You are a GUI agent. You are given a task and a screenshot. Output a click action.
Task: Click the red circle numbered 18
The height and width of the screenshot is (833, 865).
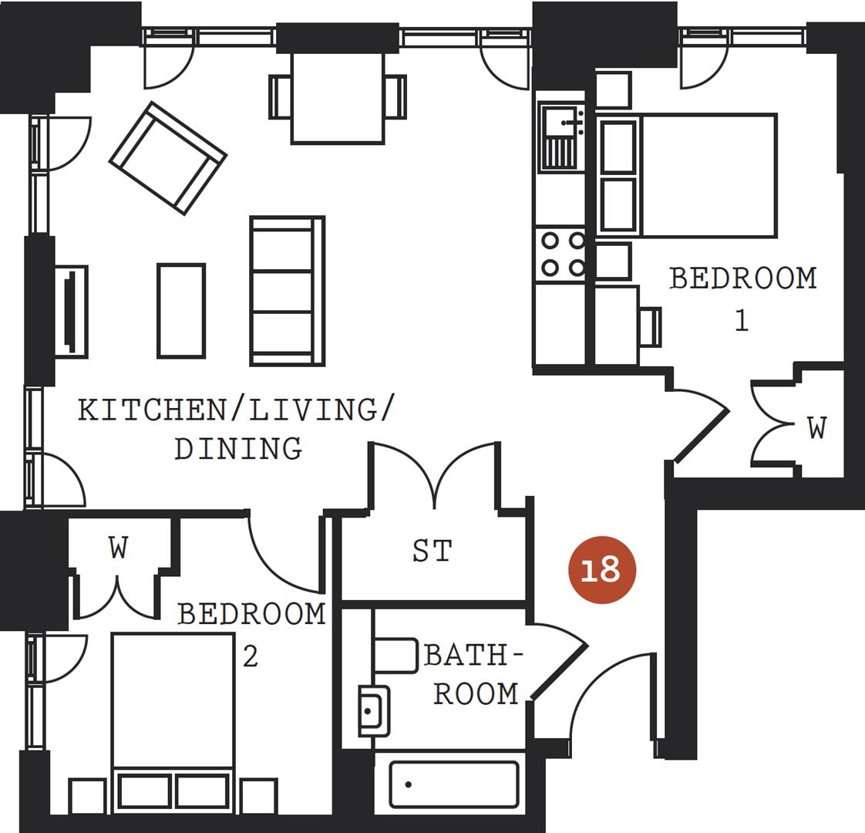(601, 570)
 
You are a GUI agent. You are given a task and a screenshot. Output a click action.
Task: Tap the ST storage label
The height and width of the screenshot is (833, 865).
(432, 551)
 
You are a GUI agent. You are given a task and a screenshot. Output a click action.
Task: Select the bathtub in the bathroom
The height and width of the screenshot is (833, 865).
(453, 784)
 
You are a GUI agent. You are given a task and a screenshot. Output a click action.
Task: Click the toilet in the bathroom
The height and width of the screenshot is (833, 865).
(396, 655)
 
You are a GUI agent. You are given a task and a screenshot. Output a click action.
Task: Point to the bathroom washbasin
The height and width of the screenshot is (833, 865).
(375, 710)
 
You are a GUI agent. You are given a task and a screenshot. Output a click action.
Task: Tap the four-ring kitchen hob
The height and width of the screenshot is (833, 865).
(561, 254)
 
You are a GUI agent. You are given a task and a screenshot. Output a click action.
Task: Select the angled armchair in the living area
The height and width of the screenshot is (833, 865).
(168, 158)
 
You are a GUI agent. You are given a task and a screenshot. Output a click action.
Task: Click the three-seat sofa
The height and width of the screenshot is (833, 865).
(287, 291)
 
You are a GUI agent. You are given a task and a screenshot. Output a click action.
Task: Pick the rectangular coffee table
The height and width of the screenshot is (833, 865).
(181, 311)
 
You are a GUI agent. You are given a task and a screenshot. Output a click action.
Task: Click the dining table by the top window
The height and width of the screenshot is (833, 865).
(338, 98)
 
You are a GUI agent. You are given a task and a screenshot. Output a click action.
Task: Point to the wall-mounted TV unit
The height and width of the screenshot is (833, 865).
(71, 311)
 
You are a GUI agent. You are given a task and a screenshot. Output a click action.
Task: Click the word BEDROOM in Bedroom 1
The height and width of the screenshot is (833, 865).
(742, 278)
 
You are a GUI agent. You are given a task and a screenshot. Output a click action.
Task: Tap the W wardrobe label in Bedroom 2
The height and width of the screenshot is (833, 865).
(118, 548)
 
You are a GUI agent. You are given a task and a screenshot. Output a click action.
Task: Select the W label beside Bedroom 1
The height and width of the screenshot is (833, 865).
(816, 427)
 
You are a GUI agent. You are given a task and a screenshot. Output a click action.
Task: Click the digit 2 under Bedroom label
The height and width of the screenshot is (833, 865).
(250, 657)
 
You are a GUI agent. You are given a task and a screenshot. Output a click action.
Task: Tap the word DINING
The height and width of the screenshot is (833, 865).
(237, 448)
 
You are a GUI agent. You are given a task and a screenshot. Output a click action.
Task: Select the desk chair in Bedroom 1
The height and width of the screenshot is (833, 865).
(651, 326)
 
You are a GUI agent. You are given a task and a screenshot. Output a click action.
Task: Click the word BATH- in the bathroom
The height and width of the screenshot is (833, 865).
(473, 656)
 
